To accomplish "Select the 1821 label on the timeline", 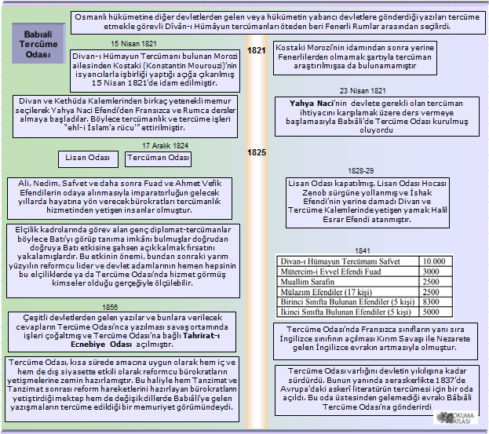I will [257, 51].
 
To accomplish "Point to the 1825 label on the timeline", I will [257, 152].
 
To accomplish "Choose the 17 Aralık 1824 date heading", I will [165, 146].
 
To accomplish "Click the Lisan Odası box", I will [88, 159].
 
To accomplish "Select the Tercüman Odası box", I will [159, 159].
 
